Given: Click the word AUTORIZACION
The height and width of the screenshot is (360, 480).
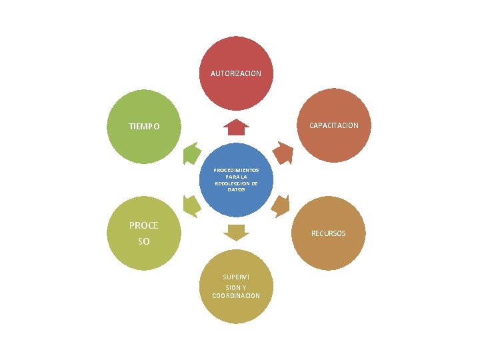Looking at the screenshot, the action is pos(236,73).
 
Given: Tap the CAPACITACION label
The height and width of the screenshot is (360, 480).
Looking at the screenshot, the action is pos(334,125).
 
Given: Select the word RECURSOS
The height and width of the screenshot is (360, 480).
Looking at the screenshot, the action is pos(328,233).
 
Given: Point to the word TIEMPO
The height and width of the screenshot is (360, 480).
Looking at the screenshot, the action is pos(144,127).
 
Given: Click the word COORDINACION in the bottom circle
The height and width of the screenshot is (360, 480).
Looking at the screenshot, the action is pos(236,296).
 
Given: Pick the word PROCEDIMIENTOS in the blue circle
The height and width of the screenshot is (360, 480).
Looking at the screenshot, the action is pos(236,170).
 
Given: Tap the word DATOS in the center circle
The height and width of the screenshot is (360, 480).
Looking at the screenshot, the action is pos(236,190).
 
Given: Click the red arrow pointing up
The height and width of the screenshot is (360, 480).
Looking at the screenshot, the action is pos(236,127).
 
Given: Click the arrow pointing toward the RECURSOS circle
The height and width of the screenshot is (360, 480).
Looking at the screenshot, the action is pos(281,206).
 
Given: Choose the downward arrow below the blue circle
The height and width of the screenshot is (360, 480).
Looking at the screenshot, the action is pos(236,233).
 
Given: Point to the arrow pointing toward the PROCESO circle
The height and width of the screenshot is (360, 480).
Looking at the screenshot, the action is pos(191,206).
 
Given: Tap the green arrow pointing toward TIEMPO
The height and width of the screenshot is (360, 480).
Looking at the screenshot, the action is pos(191,153).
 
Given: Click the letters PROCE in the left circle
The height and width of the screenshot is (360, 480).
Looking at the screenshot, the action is pos(143,225).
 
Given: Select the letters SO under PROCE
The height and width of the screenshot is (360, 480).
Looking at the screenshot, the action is pos(143,241).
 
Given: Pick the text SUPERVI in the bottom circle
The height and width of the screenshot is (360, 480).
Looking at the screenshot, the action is pos(236,277).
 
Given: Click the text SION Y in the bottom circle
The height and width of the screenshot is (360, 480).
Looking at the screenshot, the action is pos(236,288).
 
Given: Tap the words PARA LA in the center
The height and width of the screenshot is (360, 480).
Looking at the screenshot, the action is pos(236,177).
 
